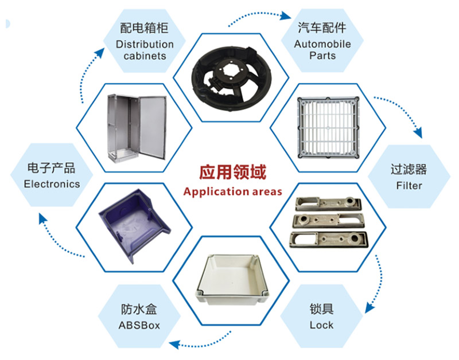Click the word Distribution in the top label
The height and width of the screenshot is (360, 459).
click(x=145, y=44)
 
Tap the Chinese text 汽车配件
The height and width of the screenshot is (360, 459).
click(x=322, y=29)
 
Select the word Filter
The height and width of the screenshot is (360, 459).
click(x=409, y=185)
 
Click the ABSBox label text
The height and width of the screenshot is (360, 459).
click(x=139, y=326)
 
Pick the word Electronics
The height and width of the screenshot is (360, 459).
click(x=52, y=184)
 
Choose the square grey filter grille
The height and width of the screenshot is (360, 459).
click(x=328, y=127)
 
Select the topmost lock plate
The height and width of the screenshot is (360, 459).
click(x=325, y=205)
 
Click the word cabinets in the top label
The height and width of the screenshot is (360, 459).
click(x=145, y=56)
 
